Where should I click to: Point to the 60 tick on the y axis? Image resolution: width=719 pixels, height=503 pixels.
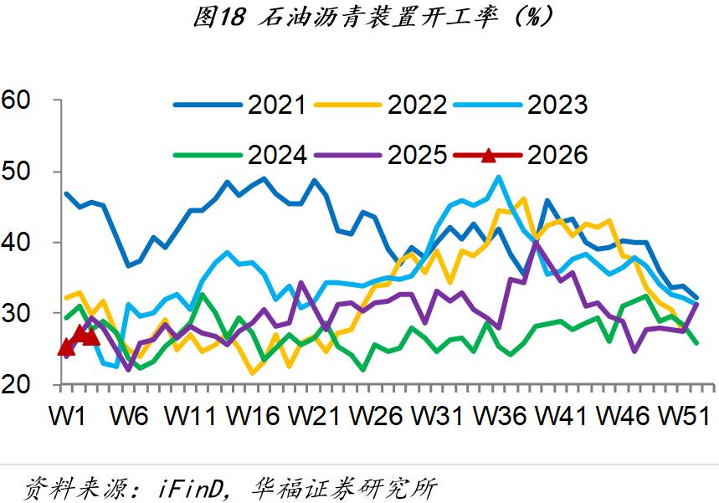(x=17, y=100)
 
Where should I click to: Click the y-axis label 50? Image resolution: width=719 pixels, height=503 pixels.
(x=17, y=172)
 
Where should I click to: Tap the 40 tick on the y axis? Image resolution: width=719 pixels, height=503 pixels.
(x=17, y=243)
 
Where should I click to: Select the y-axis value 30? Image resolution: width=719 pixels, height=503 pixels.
(x=17, y=314)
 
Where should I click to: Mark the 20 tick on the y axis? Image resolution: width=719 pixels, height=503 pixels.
(x=17, y=384)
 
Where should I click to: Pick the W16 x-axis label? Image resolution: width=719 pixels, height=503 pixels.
(x=257, y=415)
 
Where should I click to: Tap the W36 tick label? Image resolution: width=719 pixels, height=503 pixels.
(x=502, y=415)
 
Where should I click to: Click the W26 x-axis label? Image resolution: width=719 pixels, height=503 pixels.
(x=380, y=415)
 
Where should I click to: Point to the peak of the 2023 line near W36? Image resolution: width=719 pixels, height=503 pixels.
(x=499, y=177)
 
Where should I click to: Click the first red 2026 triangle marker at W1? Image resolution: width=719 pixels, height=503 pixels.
(x=66, y=346)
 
